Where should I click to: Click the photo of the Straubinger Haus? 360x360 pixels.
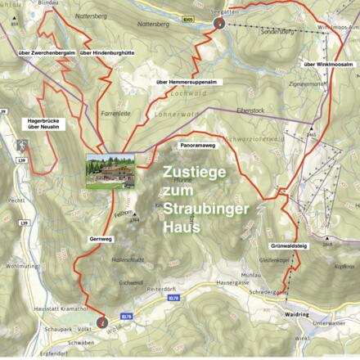(113, 170)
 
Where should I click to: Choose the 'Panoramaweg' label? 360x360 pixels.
(196, 144)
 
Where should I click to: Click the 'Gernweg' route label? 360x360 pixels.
(101, 238)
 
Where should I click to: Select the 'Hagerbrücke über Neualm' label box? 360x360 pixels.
(41, 124)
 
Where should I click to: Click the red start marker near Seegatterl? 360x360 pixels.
(218, 24)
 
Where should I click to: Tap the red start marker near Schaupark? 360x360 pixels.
(101, 322)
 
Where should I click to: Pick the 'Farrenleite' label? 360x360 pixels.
(110, 113)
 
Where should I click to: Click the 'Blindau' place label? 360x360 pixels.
(49, 3)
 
